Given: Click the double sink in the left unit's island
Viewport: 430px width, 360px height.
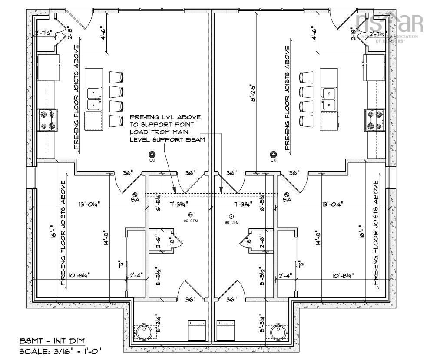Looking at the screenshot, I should click(93, 99).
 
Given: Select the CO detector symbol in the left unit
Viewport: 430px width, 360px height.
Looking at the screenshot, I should click(152, 154).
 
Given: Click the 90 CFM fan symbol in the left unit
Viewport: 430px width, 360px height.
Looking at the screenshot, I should click(190, 215).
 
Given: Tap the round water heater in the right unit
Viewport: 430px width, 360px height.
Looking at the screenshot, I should click(278, 332).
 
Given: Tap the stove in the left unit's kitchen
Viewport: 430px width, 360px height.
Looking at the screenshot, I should click(47, 120).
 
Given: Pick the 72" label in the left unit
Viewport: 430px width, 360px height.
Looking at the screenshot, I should click(123, 264).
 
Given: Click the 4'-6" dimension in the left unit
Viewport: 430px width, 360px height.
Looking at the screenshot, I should click(103, 32).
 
